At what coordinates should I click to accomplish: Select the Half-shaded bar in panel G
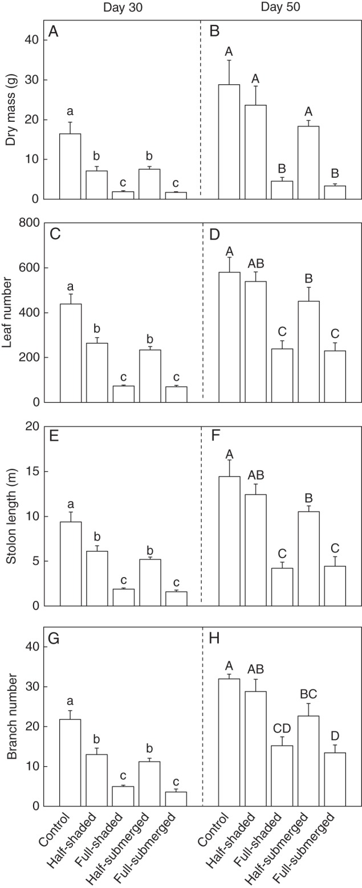pyautogui.click(x=97, y=780)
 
